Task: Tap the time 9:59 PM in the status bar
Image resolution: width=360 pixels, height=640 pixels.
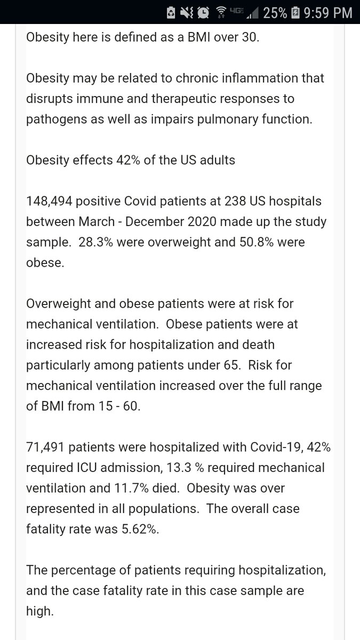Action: (x=327, y=12)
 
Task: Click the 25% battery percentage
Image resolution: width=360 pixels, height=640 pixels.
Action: (x=275, y=12)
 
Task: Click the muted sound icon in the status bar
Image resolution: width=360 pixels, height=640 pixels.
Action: (x=187, y=12)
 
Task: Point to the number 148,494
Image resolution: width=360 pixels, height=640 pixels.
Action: (x=49, y=202)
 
